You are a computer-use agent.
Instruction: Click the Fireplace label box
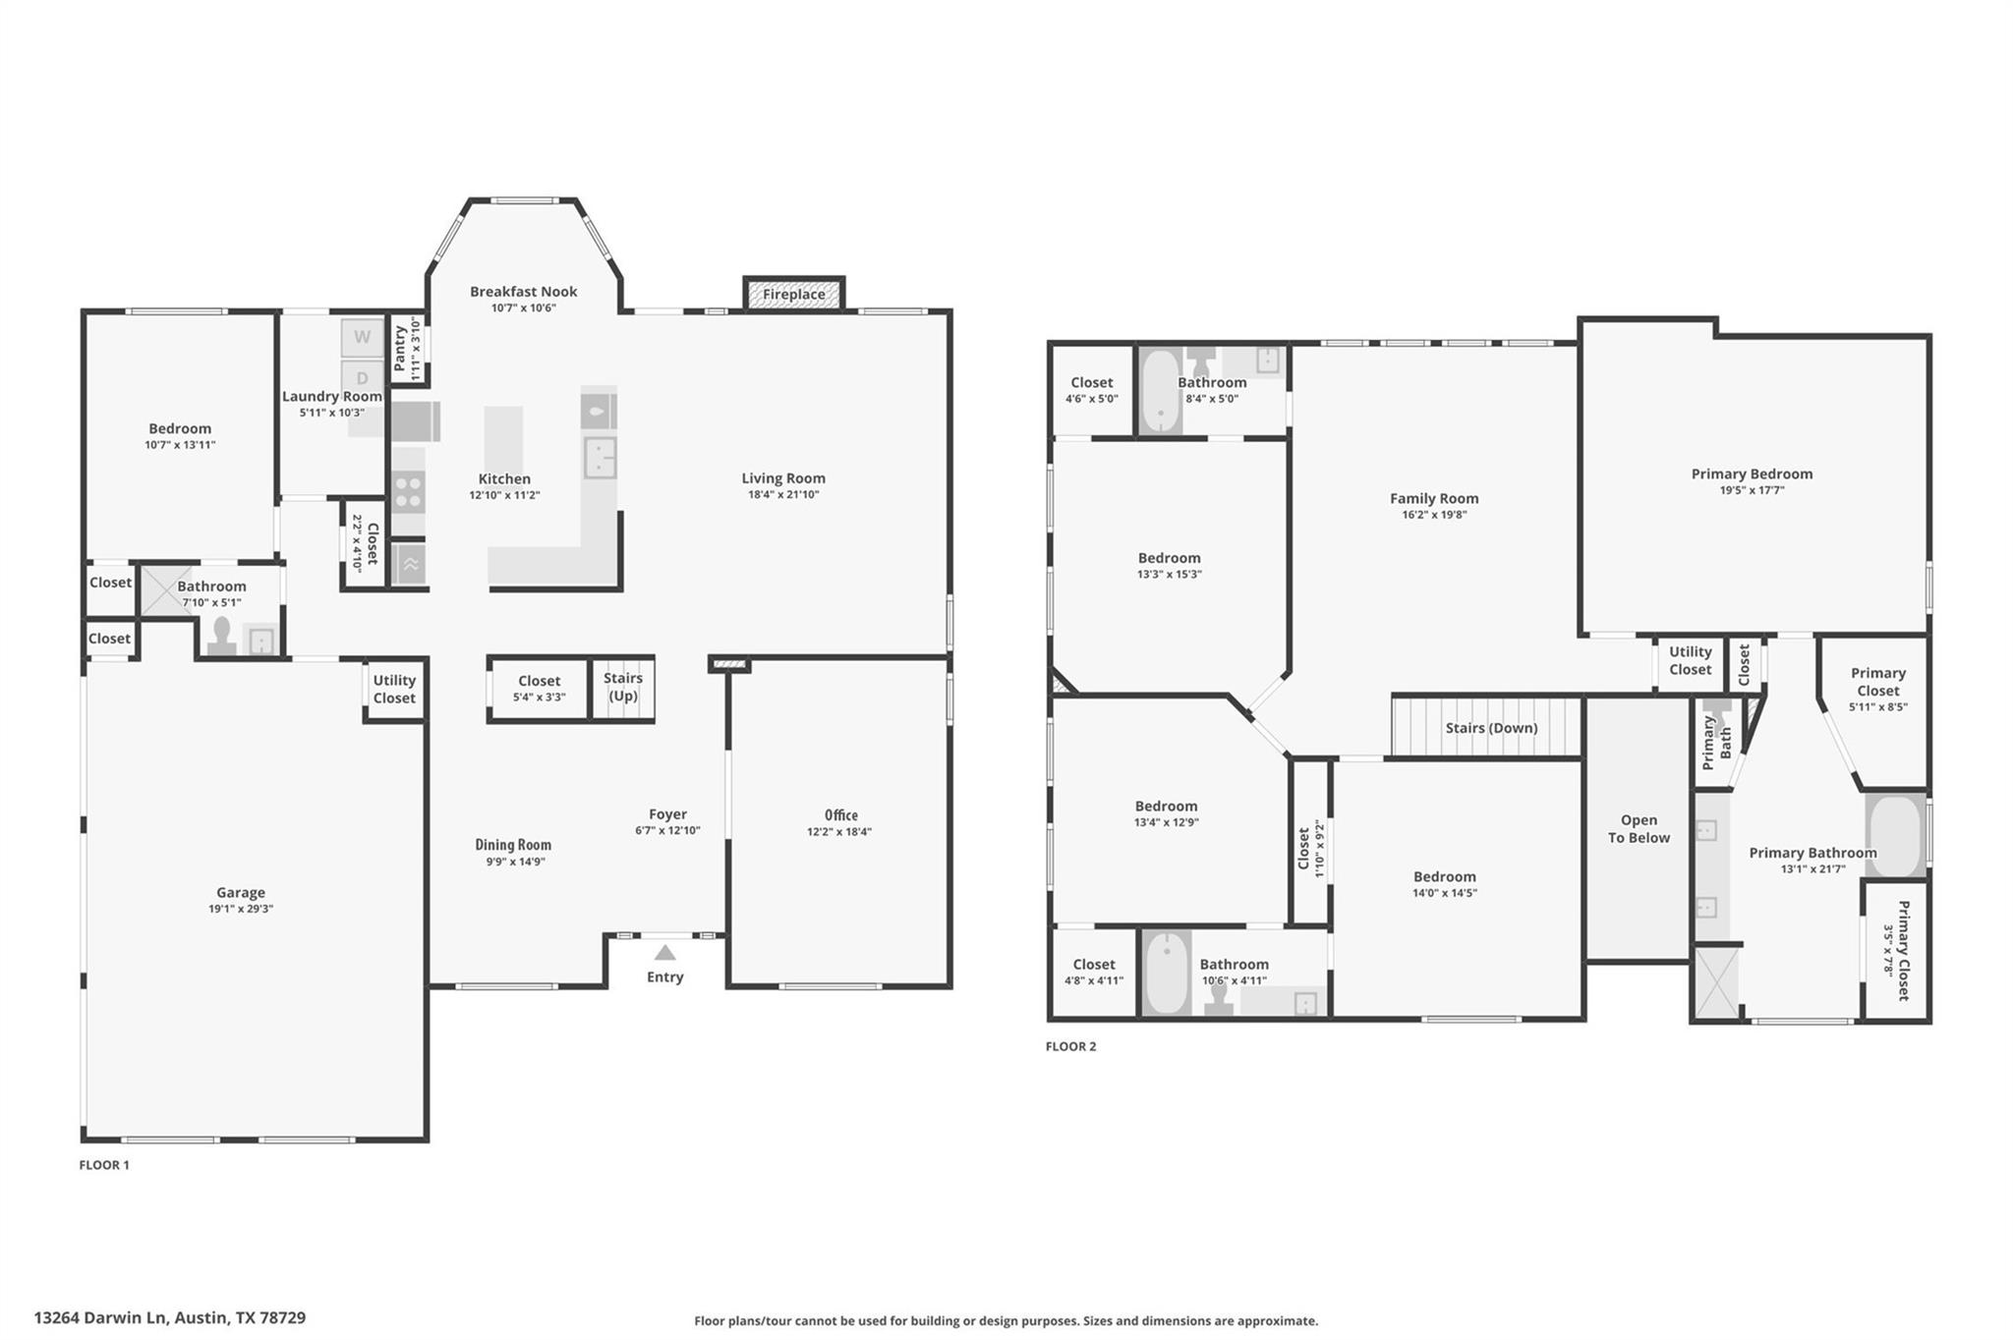pyautogui.click(x=793, y=294)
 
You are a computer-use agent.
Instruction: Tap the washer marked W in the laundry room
pyautogui.click(x=362, y=338)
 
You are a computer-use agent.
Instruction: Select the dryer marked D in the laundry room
pyautogui.click(x=362, y=377)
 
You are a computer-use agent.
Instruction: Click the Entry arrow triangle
pyautogui.click(x=664, y=952)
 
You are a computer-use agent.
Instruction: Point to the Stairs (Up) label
pyautogui.click(x=623, y=687)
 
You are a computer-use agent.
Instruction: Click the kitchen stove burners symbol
pyautogui.click(x=408, y=491)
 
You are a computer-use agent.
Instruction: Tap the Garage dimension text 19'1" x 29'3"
pyautogui.click(x=241, y=909)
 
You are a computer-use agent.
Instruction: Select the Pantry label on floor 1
pyautogui.click(x=400, y=348)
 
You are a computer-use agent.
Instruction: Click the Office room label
pyautogui.click(x=840, y=814)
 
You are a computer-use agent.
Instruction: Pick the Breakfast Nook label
pyautogui.click(x=523, y=292)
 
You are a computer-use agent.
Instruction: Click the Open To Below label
pyautogui.click(x=1639, y=828)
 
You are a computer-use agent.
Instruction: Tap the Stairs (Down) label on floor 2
pyautogui.click(x=1491, y=728)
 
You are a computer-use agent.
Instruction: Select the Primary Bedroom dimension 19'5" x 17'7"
pyautogui.click(x=1752, y=490)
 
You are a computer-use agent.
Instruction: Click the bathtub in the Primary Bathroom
pyautogui.click(x=1895, y=835)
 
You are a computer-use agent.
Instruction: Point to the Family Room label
pyautogui.click(x=1434, y=498)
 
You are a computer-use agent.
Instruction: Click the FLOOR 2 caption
pyautogui.click(x=1070, y=1046)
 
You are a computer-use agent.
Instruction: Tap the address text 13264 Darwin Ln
pyautogui.click(x=101, y=1317)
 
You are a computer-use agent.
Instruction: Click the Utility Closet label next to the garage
pyautogui.click(x=394, y=689)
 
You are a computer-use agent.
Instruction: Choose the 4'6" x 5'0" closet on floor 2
pyautogui.click(x=1091, y=390)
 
